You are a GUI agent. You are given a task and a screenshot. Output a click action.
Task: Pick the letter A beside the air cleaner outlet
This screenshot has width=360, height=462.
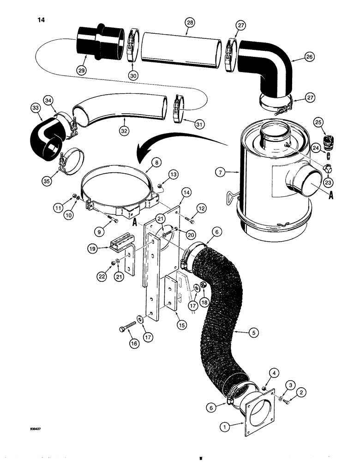click(331, 195)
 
